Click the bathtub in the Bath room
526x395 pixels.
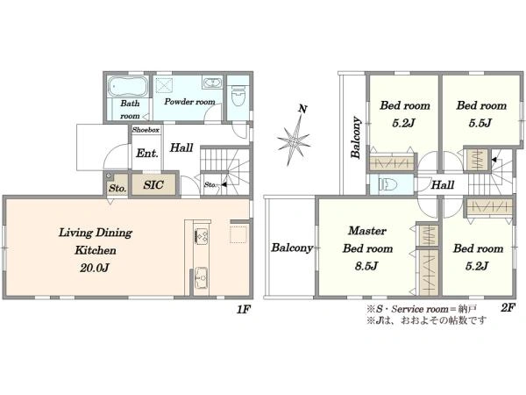[128, 86]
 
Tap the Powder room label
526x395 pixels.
[189, 102]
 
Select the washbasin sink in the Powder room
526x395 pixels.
[212, 83]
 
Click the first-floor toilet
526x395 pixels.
[238, 96]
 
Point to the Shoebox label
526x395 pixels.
[146, 130]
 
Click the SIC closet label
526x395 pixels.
[153, 184]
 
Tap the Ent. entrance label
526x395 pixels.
[147, 154]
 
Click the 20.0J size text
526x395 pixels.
[95, 268]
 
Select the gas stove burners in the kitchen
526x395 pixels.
[202, 235]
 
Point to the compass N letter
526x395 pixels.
[302, 109]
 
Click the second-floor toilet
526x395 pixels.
[387, 184]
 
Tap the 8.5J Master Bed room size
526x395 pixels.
[366, 266]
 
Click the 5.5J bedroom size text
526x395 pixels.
[480, 123]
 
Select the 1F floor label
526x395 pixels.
[243, 309]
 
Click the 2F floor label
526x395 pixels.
[508, 307]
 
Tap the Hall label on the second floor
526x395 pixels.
[443, 184]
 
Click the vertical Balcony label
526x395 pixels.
[356, 138]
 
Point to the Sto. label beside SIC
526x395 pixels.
[117, 188]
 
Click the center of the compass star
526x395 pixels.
[294, 140]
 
